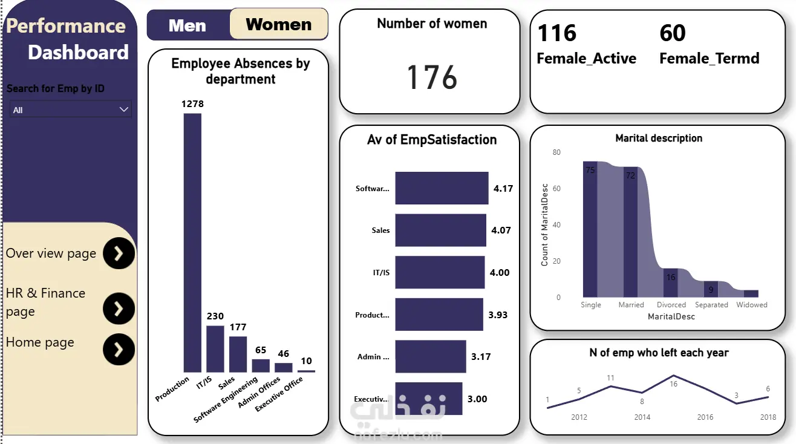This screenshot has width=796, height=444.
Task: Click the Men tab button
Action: [188, 25]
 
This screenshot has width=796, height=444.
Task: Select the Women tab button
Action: [279, 24]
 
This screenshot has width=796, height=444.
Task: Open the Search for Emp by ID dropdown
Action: [70, 109]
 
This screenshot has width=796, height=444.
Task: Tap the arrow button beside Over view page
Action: [119, 253]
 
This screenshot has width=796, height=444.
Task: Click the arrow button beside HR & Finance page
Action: [119, 309]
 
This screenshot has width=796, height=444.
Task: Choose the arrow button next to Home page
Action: [119, 349]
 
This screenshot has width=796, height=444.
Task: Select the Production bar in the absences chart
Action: [192, 242]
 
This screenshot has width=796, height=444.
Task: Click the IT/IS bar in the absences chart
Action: [215, 348]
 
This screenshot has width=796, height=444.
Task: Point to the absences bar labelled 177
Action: [238, 354]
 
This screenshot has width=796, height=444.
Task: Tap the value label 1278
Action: [192, 104]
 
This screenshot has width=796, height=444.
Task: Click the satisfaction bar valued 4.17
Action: [442, 188]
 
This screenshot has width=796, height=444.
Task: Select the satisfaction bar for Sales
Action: [440, 230]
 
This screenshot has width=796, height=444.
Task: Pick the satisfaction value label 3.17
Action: [481, 357]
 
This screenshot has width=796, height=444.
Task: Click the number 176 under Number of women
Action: [432, 77]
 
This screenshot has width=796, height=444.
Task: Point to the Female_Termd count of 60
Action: [673, 33]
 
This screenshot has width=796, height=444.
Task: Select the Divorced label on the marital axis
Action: [671, 305]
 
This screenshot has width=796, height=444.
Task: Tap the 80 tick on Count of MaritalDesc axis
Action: [556, 152]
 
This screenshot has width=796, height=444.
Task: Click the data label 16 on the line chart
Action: [673, 384]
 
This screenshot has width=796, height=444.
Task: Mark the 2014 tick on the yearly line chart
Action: [642, 417]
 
